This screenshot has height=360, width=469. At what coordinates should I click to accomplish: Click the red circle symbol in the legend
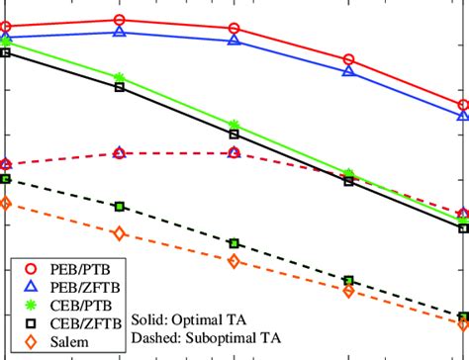click(x=30, y=269)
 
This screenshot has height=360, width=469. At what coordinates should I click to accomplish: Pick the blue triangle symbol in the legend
click(x=30, y=287)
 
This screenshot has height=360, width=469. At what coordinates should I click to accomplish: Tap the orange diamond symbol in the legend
click(x=30, y=342)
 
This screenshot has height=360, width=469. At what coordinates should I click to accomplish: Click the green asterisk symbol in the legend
click(x=30, y=306)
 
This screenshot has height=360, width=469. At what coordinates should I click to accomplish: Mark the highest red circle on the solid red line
click(x=120, y=20)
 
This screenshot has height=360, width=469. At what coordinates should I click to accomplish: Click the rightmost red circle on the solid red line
click(x=463, y=105)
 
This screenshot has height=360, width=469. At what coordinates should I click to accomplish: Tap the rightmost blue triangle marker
click(x=463, y=115)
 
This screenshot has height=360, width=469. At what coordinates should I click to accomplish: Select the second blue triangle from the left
click(x=120, y=32)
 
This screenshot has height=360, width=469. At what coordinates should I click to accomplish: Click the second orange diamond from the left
click(x=120, y=233)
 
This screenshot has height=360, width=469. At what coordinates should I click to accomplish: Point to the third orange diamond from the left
click(x=234, y=261)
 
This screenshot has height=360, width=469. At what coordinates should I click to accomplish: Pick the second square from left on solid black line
click(x=120, y=87)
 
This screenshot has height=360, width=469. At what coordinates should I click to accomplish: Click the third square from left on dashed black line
click(x=234, y=242)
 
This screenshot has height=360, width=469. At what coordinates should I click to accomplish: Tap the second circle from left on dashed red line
click(x=120, y=153)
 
